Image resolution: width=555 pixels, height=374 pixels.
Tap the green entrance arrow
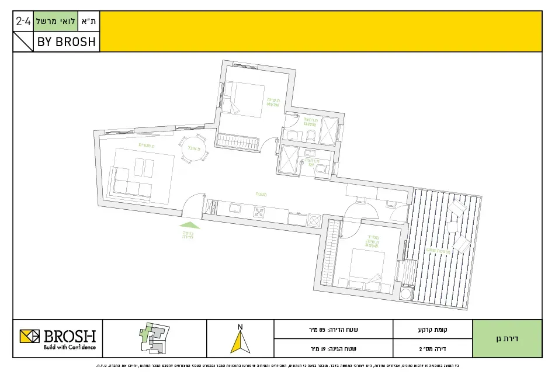click(x=188, y=224)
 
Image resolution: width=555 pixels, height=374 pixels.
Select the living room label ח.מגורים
click(x=146, y=144)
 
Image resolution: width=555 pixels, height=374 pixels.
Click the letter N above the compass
click(x=238, y=326)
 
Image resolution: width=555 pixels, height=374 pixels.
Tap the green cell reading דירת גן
click(x=507, y=338)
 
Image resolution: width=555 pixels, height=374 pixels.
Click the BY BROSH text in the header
click(x=66, y=42)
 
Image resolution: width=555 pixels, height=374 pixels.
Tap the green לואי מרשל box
click(x=58, y=22)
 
